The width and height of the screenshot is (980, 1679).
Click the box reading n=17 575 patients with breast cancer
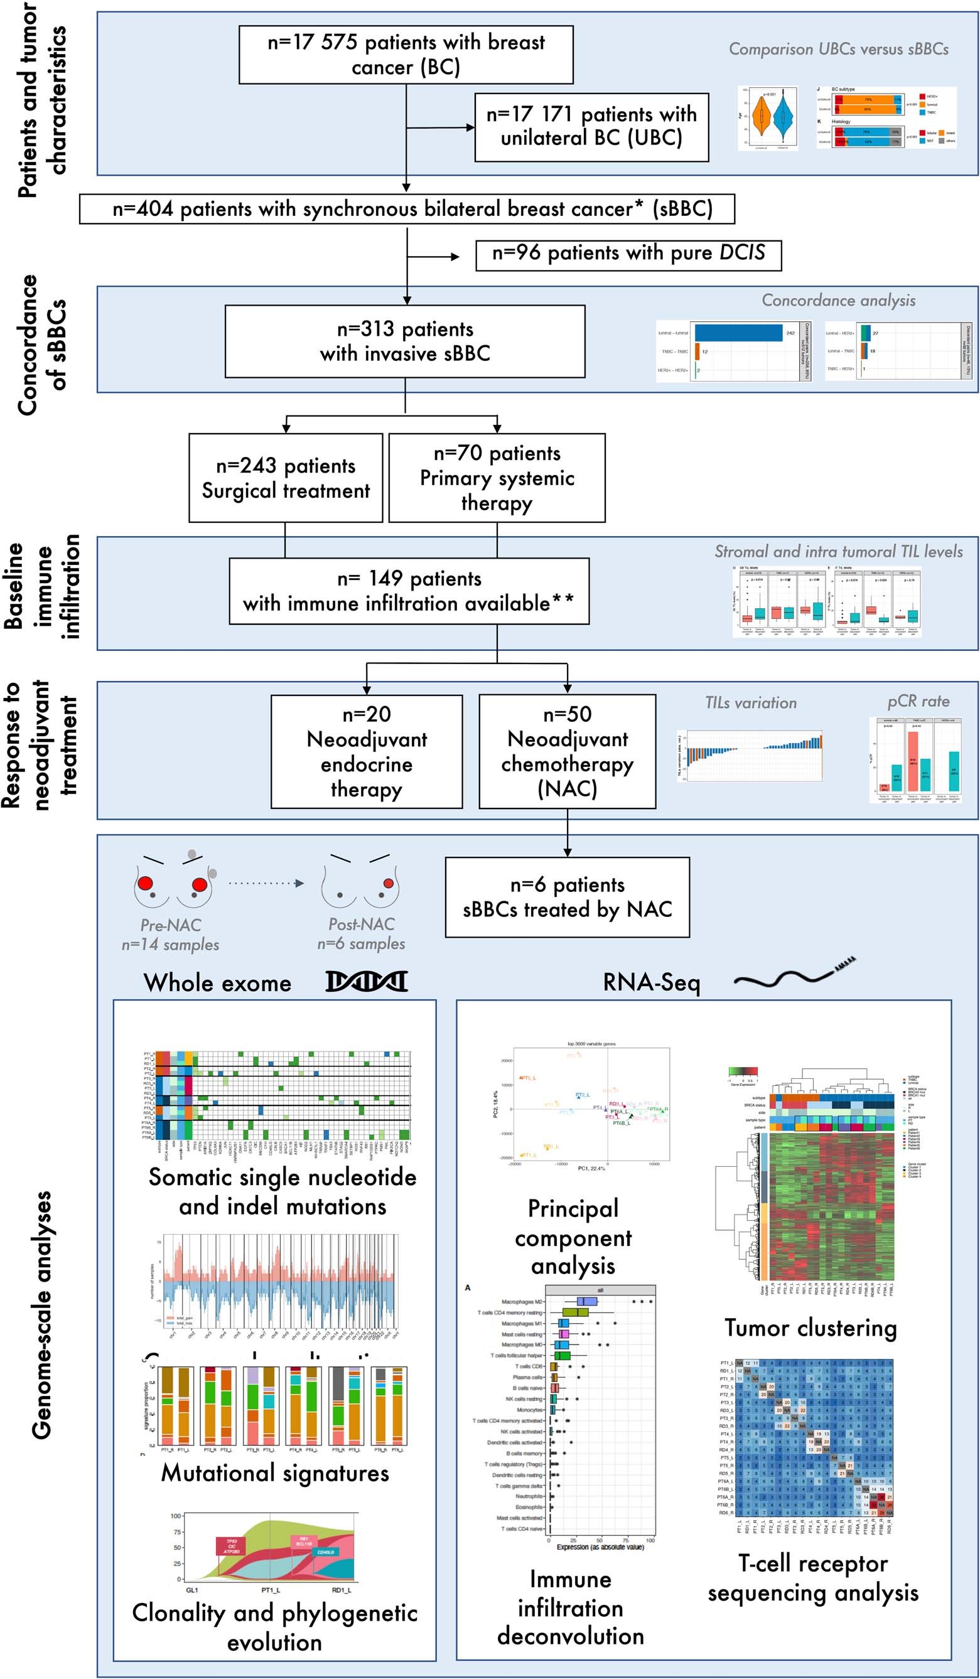point(405,55)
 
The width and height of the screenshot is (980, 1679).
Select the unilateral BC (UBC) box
point(591,127)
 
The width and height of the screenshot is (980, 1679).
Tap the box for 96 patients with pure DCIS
point(628,254)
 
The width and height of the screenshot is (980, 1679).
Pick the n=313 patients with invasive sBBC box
point(404,341)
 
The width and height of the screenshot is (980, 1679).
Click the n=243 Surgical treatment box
point(285,478)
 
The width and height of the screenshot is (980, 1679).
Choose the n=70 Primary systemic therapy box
point(497,478)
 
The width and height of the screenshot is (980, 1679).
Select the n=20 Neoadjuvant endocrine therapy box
point(366,751)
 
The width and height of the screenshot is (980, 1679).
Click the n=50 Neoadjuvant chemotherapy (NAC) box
point(567,751)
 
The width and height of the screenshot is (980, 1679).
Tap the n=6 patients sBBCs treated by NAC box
point(567,897)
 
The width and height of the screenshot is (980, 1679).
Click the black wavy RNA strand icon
point(793,974)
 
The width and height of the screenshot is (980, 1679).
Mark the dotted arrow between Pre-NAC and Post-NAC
point(266,884)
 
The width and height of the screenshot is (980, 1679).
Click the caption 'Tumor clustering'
point(810,1329)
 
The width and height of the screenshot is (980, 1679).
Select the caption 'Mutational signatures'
point(275,1472)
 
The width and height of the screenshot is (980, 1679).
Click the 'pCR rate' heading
point(918,701)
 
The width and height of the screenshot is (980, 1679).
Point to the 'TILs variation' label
point(750,703)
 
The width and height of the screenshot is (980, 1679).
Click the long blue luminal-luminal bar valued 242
point(738,333)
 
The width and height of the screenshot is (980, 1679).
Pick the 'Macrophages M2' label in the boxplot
point(522,1302)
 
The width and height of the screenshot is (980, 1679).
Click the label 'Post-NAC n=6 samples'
point(360,934)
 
